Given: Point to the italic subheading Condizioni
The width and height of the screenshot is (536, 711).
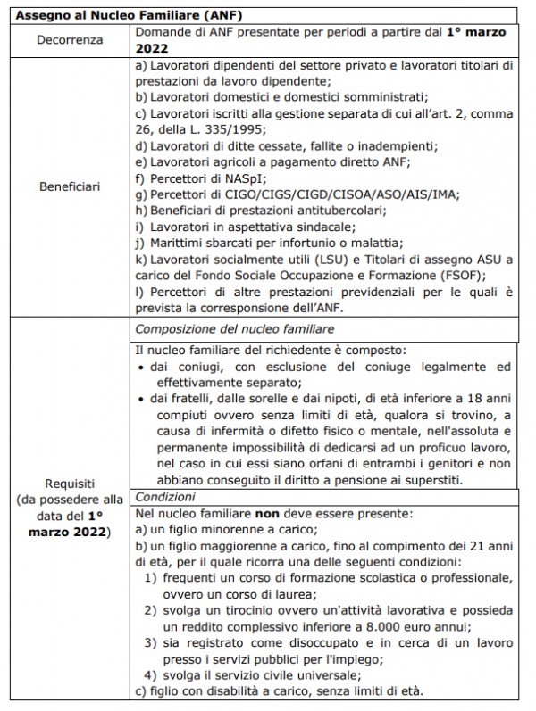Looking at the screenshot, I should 163,497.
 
